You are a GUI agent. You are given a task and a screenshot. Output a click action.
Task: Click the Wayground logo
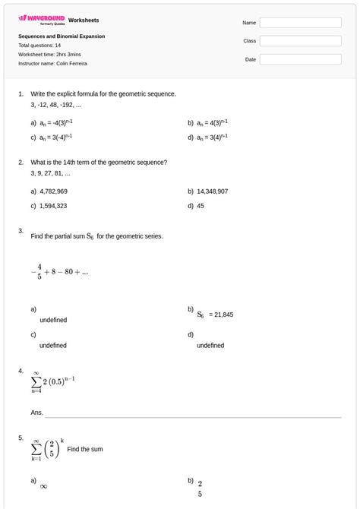click(x=41, y=19)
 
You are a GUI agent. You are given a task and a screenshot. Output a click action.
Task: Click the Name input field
click(x=300, y=23)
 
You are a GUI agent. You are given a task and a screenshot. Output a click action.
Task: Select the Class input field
click(x=300, y=41)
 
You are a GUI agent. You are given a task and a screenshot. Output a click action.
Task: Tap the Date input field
click(x=300, y=59)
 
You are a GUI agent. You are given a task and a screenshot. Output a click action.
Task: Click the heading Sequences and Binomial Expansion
click(x=62, y=36)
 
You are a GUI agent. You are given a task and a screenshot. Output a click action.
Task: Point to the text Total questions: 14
click(x=39, y=46)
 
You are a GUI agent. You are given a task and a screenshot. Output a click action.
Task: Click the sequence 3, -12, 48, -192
click(x=56, y=104)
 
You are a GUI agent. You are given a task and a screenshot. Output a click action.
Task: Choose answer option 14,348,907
click(x=212, y=191)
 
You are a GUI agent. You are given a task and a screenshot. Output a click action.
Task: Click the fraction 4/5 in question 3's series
click(x=39, y=271)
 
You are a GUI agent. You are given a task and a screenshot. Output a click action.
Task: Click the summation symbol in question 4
click(x=36, y=381)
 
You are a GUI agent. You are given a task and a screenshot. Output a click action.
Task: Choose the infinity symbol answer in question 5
click(x=43, y=486)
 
